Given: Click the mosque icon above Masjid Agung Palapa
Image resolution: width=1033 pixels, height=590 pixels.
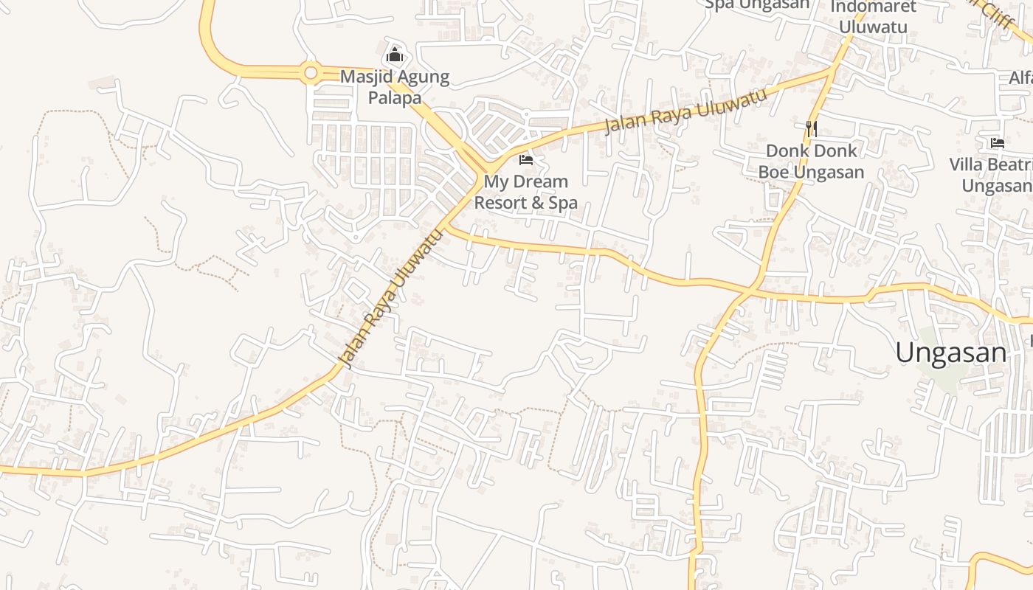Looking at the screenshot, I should (395, 55).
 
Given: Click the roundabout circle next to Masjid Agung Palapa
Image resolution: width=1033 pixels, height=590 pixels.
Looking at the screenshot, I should (310, 72).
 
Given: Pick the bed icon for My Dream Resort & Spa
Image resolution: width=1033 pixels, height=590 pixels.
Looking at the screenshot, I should (526, 159).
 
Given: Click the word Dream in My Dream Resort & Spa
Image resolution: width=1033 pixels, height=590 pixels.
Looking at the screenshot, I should (540, 181).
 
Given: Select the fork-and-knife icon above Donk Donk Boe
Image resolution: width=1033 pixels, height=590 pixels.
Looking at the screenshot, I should (812, 129).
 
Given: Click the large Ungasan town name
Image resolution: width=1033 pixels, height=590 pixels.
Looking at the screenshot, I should (950, 353).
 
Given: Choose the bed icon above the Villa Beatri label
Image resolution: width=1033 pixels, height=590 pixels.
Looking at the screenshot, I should (998, 142).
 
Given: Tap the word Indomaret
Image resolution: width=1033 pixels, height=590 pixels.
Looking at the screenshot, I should (873, 7).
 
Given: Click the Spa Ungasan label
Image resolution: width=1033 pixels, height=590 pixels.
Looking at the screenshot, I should (757, 5).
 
